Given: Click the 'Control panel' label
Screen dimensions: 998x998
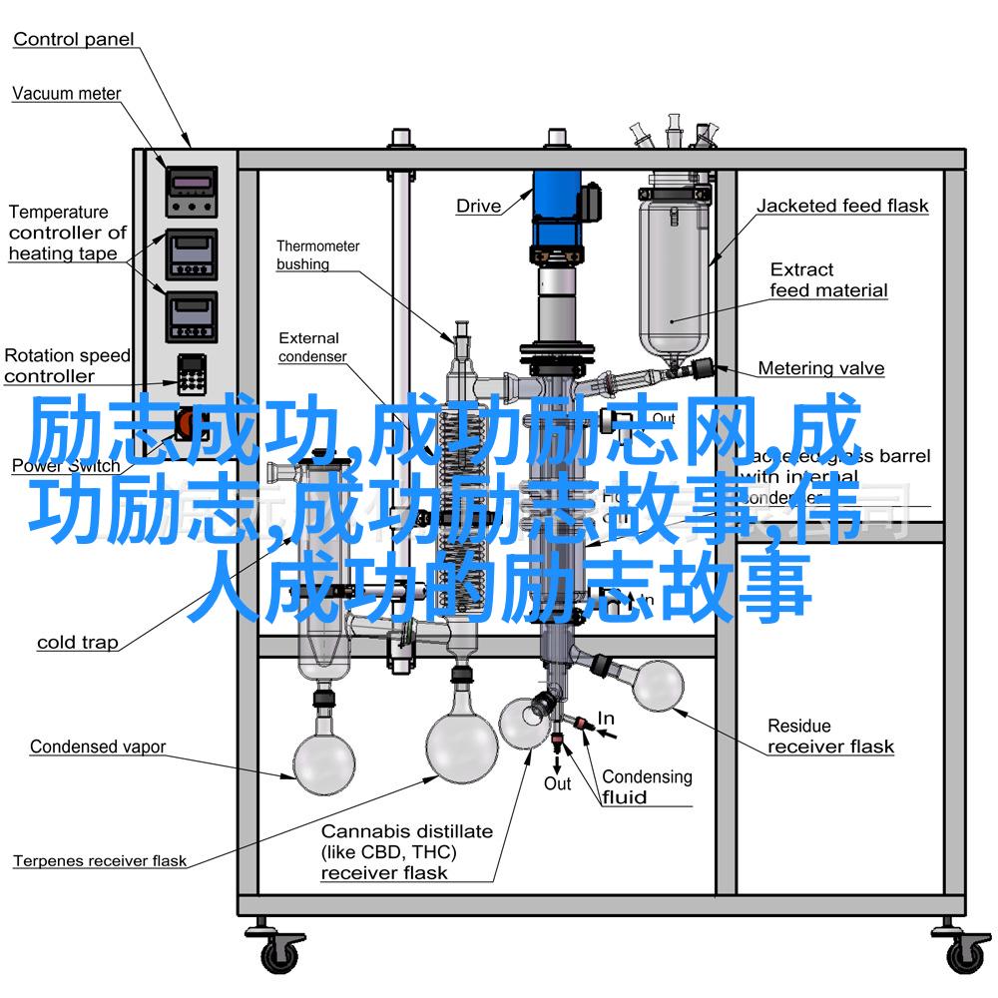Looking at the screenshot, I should tap(73, 40).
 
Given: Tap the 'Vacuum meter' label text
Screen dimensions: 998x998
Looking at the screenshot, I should tap(66, 94).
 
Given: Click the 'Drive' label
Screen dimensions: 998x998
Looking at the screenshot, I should tap(478, 207).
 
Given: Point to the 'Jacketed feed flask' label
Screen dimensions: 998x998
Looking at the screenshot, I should tap(841, 207).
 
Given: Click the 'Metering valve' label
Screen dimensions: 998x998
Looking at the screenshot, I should tap(820, 368).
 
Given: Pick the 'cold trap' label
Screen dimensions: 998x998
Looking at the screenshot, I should tap(77, 643).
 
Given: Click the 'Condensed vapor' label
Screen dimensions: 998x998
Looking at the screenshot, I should tap(97, 747).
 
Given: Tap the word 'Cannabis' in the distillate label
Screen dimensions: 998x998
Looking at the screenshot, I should tap(363, 830).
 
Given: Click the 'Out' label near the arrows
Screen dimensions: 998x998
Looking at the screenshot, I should tap(557, 784).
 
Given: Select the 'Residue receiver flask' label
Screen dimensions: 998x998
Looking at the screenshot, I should tap(830, 737).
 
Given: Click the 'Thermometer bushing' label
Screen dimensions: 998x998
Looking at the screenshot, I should tap(317, 254).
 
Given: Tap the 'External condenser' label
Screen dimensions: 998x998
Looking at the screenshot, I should tap(311, 347).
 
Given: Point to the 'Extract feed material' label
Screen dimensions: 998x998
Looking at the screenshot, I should tap(827, 280).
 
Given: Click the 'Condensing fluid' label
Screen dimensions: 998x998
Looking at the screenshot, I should tap(646, 786).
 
